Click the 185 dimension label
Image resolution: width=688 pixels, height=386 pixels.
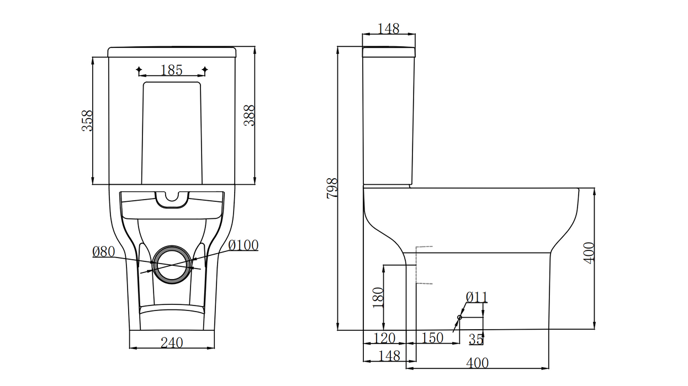171,70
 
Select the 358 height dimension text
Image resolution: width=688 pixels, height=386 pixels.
87,120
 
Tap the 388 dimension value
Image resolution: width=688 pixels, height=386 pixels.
250,115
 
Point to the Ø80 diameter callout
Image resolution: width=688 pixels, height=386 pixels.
103,252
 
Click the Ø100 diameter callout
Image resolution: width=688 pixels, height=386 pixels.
243,245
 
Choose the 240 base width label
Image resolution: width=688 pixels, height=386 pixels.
171,342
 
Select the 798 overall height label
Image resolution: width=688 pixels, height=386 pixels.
332,189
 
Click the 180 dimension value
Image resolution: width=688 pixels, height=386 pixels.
378,298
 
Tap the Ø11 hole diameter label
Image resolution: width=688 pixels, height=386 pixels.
477,297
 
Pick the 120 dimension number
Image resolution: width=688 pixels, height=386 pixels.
384,337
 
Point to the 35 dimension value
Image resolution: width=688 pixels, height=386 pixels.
476,339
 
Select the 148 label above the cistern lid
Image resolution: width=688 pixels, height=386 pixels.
388,29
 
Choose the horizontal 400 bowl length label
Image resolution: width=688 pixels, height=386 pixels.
477,363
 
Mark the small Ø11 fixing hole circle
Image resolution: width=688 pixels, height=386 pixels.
459,318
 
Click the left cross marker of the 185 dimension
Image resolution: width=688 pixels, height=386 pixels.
139,70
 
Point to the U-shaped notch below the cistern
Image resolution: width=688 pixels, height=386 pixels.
172,200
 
